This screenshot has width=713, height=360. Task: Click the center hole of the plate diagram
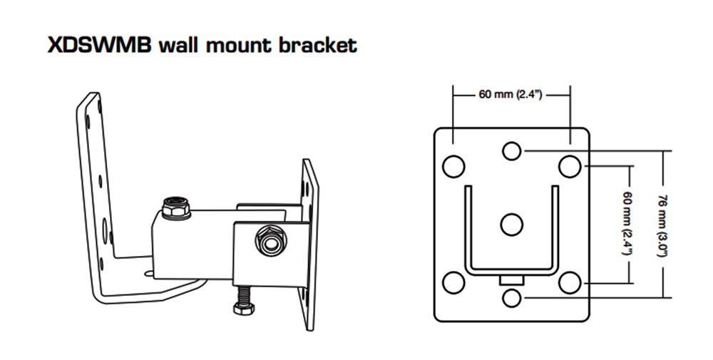511,225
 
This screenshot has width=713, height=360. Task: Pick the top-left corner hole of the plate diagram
453,166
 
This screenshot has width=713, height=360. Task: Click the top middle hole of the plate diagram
511,151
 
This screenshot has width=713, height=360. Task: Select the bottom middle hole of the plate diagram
511,298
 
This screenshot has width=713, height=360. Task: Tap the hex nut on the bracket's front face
271,241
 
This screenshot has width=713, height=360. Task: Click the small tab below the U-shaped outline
511,279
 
